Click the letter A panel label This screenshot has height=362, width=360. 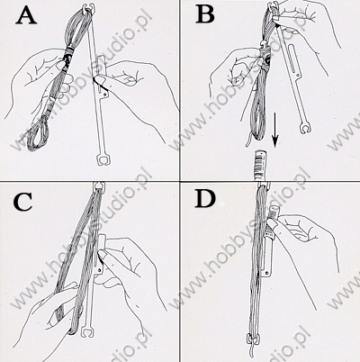(x=26, y=16)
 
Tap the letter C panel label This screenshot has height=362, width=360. (x=22, y=201)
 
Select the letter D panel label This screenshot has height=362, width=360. (x=205, y=199)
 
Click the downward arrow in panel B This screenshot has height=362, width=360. (x=275, y=130)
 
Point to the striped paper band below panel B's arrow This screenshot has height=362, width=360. (x=259, y=166)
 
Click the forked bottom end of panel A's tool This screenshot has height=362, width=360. (x=102, y=159)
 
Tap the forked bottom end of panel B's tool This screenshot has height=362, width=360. (x=304, y=127)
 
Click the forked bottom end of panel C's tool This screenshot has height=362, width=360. (x=88, y=332)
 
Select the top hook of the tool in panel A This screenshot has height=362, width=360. (x=92, y=7)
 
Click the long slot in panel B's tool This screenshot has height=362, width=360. (x=293, y=60)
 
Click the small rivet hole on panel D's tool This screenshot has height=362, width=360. (x=267, y=273)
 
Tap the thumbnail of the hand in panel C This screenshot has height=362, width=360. (x=102, y=256)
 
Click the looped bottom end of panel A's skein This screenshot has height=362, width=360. (x=37, y=134)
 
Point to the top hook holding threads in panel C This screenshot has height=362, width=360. (x=98, y=186)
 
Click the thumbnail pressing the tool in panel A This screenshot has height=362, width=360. (x=99, y=80)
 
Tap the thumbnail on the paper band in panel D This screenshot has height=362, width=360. (x=272, y=223)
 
